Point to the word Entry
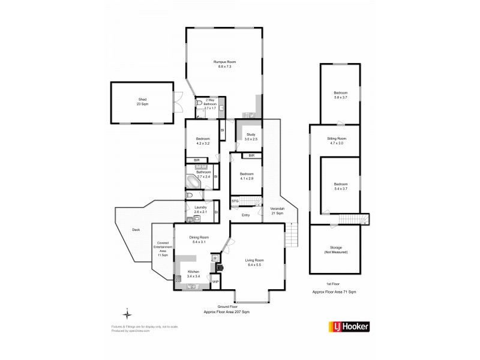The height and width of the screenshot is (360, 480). point(245,215)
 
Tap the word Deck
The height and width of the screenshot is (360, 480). point(136,229)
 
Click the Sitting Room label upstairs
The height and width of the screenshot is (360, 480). point(340,142)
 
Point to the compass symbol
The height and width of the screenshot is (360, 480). point(127,313)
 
